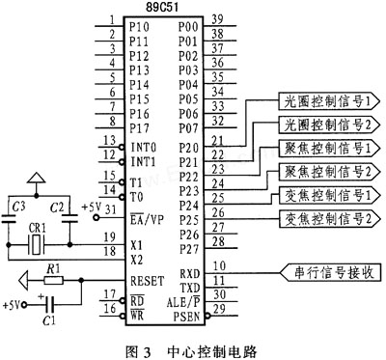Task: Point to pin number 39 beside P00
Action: (218, 19)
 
